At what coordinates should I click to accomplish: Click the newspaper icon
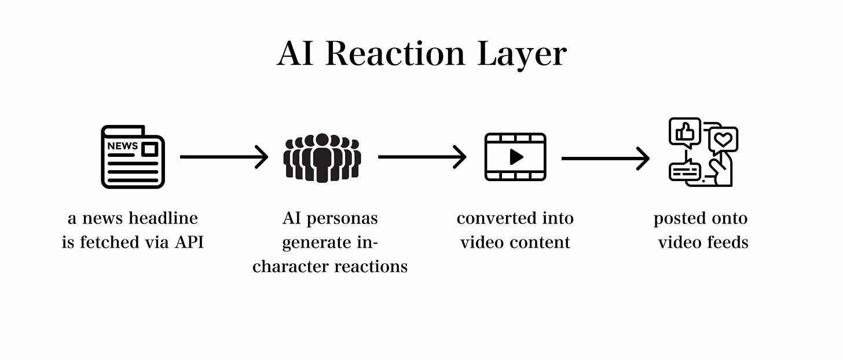point(133,157)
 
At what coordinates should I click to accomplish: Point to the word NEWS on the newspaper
point(122,146)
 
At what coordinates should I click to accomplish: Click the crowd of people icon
point(322,157)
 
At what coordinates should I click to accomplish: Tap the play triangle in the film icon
point(516,157)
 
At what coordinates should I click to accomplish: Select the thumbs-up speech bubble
point(684,132)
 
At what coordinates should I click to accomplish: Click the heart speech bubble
point(723,139)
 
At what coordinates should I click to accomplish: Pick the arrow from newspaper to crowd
point(224,157)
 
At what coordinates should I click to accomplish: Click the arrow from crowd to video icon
point(422,157)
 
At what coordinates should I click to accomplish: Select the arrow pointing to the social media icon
point(605,158)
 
